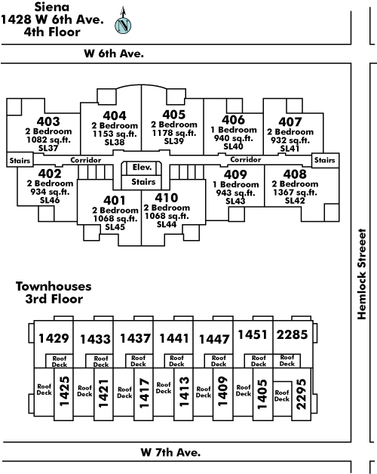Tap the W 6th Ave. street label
pyautogui.click(x=114, y=54)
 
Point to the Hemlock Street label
pyautogui.click(x=362, y=274)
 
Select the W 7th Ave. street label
pyautogui.click(x=170, y=452)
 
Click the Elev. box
pyautogui.click(x=142, y=168)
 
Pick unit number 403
pyautogui.click(x=48, y=122)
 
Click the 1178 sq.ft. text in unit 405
pyautogui.click(x=174, y=133)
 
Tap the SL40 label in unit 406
pyautogui.click(x=233, y=146)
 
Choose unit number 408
pyautogui.click(x=295, y=174)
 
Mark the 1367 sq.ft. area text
pyautogui.click(x=295, y=192)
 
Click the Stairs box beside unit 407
pyautogui.click(x=325, y=160)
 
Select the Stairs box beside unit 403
pyautogui.click(x=20, y=160)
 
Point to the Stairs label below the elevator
pyautogui.click(x=143, y=182)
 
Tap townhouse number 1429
pyautogui.click(x=54, y=338)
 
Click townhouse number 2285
pyautogui.click(x=292, y=334)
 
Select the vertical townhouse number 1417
pyautogui.click(x=145, y=393)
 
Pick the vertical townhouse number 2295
pyautogui.click(x=301, y=394)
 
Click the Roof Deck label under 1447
pyautogui.click(x=219, y=361)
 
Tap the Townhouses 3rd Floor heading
pyautogui.click(x=54, y=293)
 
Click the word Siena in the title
pyautogui.click(x=52, y=7)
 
